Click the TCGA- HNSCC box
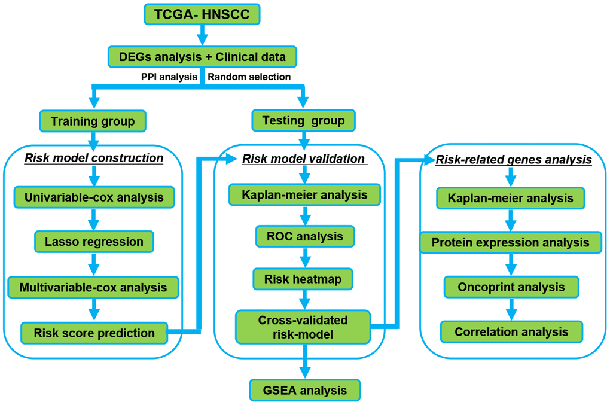(x=202, y=14)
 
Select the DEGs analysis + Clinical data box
(x=202, y=57)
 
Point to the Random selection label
(x=249, y=77)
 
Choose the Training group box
(x=93, y=121)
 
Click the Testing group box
(x=304, y=121)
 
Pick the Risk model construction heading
(x=94, y=158)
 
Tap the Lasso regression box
(x=94, y=242)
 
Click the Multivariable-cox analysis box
(x=93, y=287)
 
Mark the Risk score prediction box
(x=94, y=333)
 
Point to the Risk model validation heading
(x=303, y=159)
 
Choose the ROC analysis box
(x=305, y=236)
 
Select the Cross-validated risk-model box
(x=303, y=327)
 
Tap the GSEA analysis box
(x=305, y=390)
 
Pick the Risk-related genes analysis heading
(x=514, y=160)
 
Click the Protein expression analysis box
(x=511, y=243)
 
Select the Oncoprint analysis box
(x=511, y=287)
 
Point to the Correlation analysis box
(x=511, y=331)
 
